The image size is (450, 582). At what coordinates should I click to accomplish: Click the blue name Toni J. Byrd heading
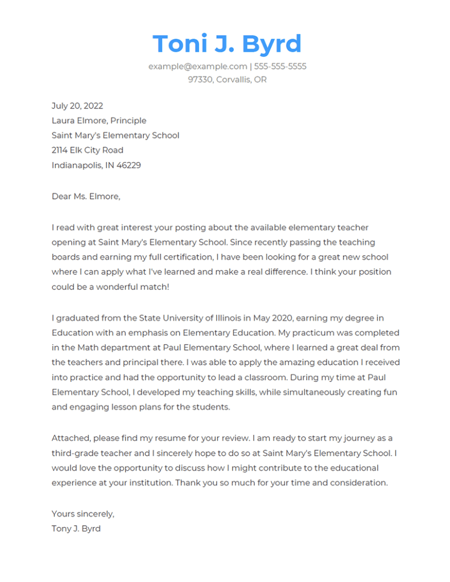[x=227, y=44]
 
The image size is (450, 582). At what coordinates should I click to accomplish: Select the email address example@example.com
[x=197, y=66]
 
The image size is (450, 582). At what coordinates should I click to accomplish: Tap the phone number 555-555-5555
[x=280, y=66]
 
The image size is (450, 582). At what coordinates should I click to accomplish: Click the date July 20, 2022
[x=77, y=106]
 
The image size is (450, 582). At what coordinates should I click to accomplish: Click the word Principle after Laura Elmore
[x=128, y=120]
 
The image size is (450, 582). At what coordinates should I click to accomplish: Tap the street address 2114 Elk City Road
[x=87, y=150]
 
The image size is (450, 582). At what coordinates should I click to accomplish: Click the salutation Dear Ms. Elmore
[x=86, y=196]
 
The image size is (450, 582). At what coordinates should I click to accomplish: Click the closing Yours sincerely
[x=82, y=514]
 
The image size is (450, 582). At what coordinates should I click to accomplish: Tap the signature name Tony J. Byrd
[x=76, y=529]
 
